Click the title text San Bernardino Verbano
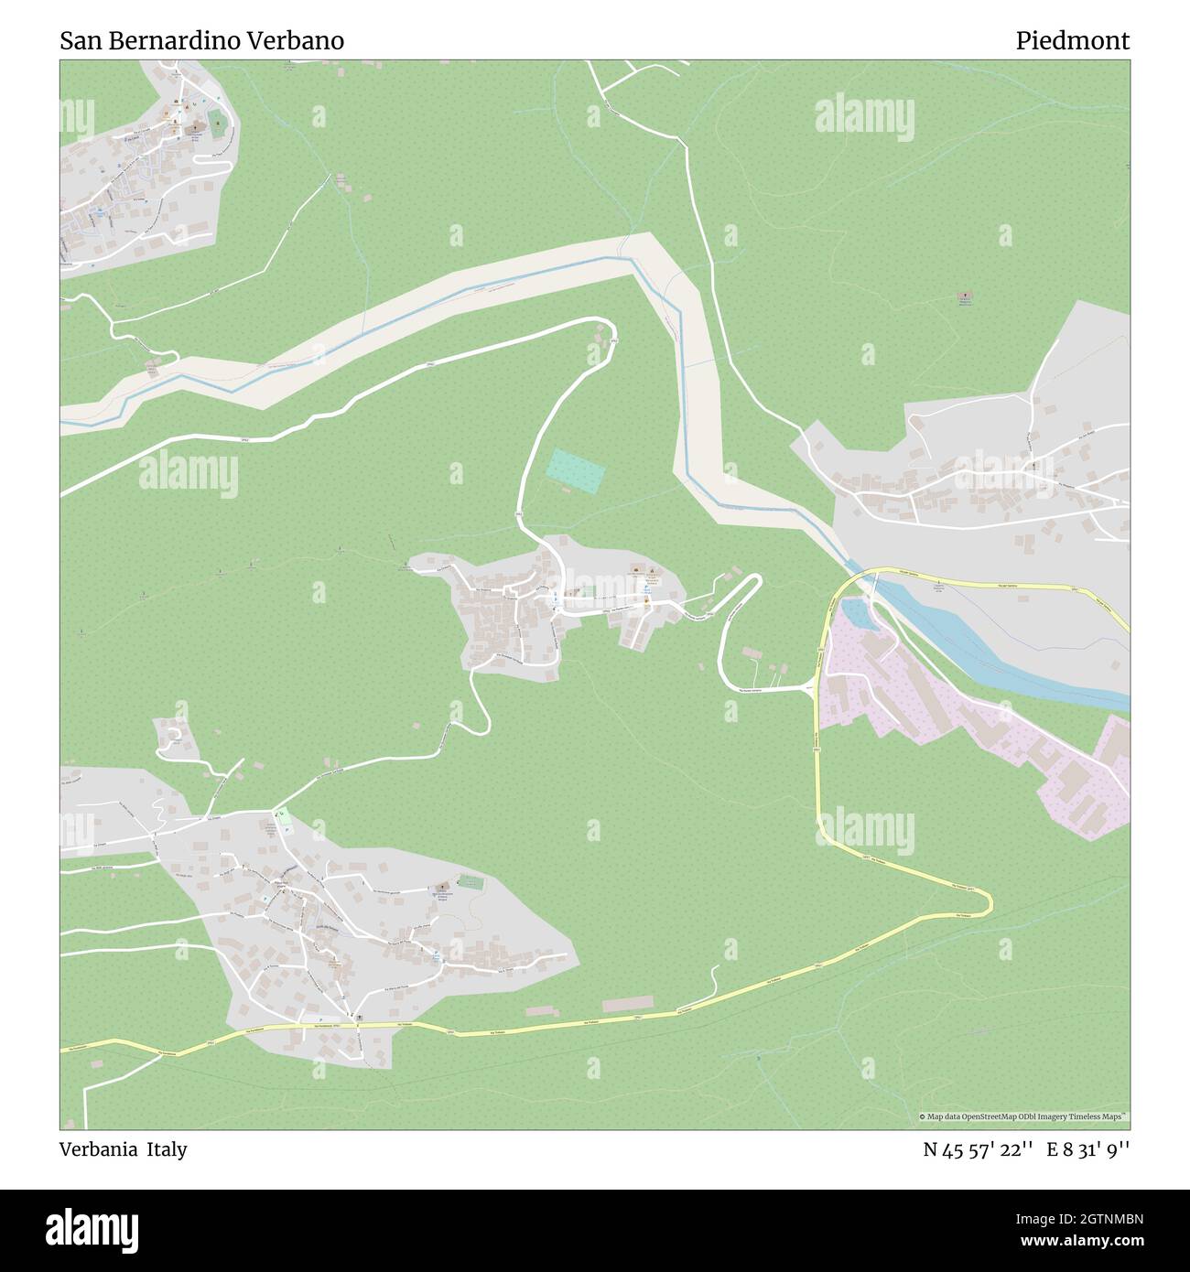[x=202, y=41]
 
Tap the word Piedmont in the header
[x=1072, y=41]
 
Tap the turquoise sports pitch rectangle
[x=576, y=469]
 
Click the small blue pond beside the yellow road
[x=855, y=613]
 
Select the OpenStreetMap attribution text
[x=1024, y=1116]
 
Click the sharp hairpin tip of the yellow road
[x=989, y=902]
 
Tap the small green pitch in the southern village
[x=470, y=883]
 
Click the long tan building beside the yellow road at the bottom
[x=628, y=1004]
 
